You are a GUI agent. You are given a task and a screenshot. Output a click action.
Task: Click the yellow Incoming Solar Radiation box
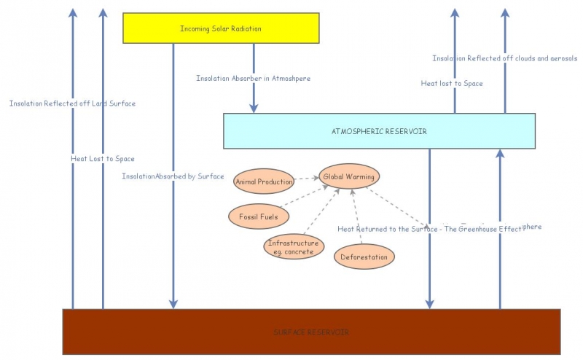pos(221,28)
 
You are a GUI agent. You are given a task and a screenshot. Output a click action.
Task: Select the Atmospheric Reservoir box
pos(379,131)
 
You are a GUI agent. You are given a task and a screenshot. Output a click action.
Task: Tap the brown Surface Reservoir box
pos(311,332)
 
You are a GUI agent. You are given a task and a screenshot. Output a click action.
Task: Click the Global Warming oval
pos(349,177)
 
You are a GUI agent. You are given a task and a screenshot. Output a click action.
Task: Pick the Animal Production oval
pos(264,181)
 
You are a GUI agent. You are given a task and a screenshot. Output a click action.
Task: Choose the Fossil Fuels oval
pos(254,216)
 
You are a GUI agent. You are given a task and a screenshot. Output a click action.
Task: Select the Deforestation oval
pos(364,257)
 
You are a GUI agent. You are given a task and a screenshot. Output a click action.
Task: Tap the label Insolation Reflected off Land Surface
pos(72,103)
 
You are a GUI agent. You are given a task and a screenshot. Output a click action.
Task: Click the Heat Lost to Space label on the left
pos(102,158)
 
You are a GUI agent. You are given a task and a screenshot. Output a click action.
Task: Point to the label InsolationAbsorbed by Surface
pos(173,176)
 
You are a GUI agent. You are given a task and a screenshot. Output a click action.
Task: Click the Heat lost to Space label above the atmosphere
pos(452,84)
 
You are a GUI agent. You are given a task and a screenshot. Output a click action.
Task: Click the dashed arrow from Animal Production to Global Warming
pos(306,179)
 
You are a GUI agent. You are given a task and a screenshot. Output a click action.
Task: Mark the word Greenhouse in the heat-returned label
pos(478,229)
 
